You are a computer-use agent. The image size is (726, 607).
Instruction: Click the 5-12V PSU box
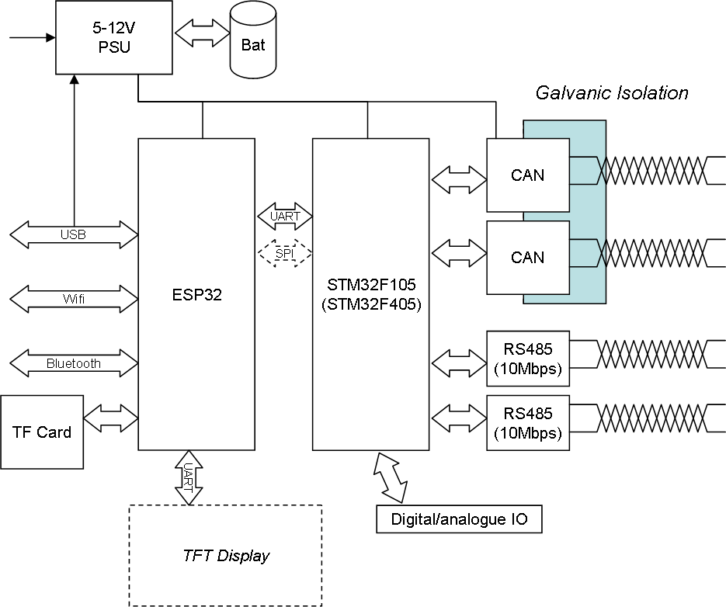point(115,36)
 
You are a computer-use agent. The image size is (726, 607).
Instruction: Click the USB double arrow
point(74,234)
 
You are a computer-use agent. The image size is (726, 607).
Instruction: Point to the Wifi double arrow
point(74,298)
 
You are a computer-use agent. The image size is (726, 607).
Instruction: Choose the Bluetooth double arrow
point(74,362)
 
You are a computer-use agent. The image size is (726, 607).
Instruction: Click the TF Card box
point(42,432)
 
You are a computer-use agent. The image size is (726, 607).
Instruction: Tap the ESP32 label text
point(196,294)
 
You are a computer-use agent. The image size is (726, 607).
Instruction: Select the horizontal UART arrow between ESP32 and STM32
point(284,217)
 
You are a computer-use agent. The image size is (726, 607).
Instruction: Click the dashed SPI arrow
point(284,253)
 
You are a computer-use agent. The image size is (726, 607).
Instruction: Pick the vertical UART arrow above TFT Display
point(188,477)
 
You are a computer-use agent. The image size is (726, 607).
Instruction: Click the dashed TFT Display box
point(225,555)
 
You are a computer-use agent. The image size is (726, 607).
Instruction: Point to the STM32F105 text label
point(370,285)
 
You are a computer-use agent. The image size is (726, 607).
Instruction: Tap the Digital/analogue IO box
point(458,519)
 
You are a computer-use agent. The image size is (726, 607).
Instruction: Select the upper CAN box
point(527,175)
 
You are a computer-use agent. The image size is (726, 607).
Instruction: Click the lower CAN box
point(527,257)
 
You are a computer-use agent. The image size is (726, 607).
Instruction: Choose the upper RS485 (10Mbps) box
point(527,359)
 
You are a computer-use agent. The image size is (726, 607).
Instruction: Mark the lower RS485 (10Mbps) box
point(527,423)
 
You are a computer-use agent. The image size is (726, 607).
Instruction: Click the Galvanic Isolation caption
point(612,93)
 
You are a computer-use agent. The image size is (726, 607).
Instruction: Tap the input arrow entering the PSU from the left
point(31,36)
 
